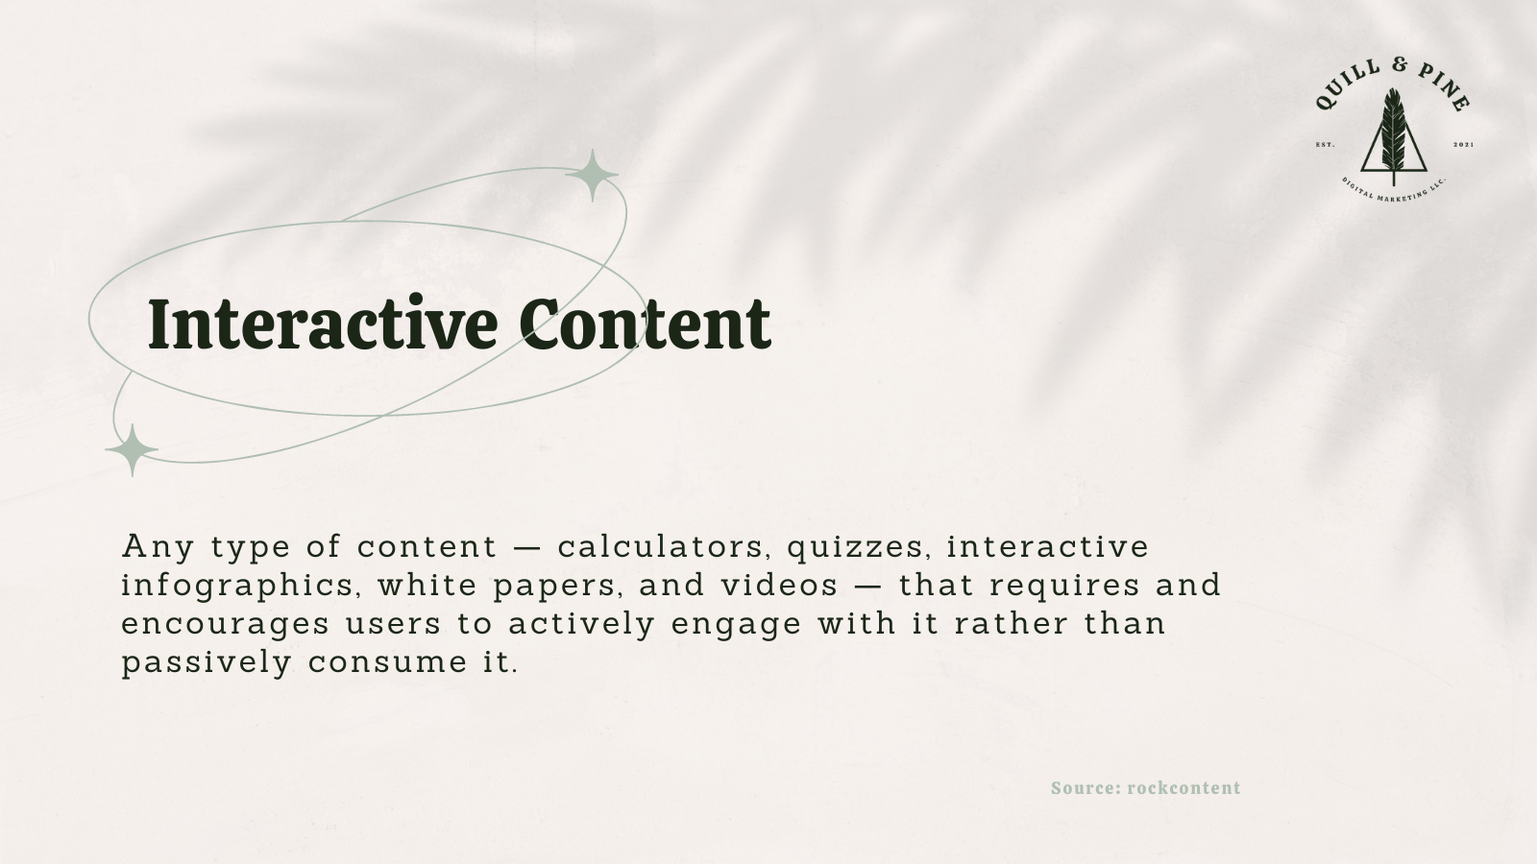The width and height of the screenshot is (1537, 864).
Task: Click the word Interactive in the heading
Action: (322, 324)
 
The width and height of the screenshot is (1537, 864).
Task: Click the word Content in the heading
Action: (645, 324)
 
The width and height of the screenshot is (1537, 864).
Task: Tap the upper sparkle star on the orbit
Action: (592, 175)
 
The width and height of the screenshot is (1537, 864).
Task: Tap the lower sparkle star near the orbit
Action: (132, 449)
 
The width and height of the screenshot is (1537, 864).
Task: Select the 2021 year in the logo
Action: (1463, 145)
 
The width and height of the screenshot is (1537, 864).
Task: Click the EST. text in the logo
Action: (1325, 145)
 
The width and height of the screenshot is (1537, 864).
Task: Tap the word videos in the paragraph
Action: (780, 586)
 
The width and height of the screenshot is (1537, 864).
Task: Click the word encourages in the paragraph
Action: (225, 624)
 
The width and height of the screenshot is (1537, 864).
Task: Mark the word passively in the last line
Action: (206, 662)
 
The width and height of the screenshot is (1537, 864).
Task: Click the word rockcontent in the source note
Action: (1183, 788)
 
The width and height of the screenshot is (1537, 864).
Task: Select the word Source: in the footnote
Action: (1086, 788)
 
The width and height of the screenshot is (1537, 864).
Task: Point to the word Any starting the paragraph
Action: (158, 547)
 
